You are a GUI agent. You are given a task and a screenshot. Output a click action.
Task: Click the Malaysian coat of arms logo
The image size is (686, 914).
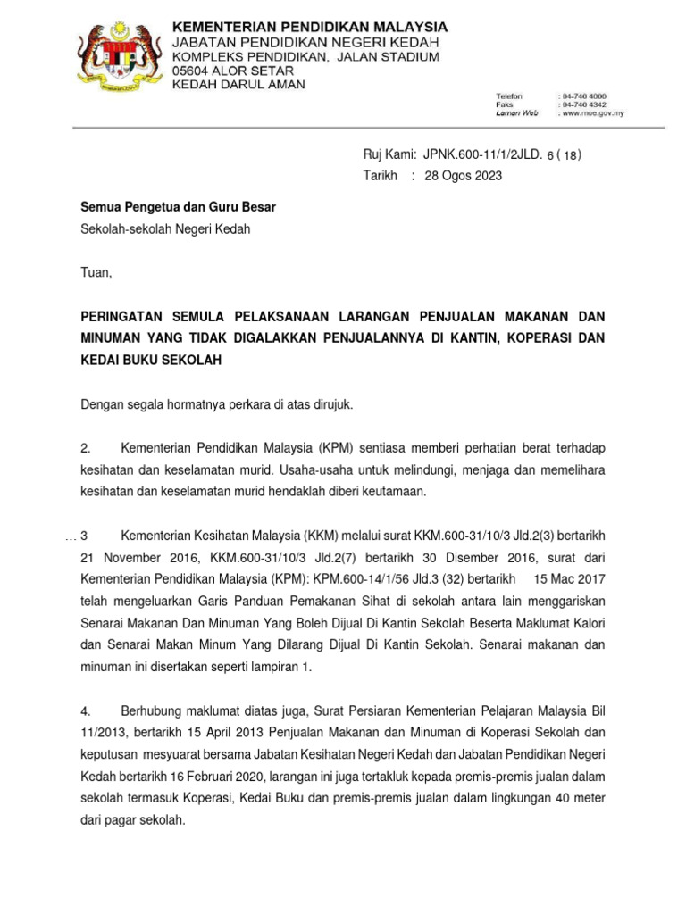coord(116,54)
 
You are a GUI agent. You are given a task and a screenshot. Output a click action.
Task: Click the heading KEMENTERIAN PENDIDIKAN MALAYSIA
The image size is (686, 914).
coord(309,27)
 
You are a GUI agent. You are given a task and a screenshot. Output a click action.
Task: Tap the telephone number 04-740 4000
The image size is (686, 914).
coord(583,95)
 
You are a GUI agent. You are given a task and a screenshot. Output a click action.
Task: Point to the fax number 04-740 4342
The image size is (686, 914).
coord(583,104)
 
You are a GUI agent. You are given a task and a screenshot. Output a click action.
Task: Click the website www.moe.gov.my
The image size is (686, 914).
coord(591,113)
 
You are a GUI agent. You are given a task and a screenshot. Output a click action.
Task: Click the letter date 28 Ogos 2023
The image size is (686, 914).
coord(463,176)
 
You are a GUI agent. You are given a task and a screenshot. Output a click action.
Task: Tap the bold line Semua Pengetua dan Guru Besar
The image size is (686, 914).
coord(179,207)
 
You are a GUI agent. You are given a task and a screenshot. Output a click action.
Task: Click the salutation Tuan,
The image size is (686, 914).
coord(97,272)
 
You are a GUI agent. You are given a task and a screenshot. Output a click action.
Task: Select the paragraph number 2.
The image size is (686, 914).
coord(85,447)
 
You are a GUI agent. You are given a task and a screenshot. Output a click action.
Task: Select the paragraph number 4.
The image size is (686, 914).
coord(86,710)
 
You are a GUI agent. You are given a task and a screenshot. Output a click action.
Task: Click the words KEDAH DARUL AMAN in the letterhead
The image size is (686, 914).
coord(238,85)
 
